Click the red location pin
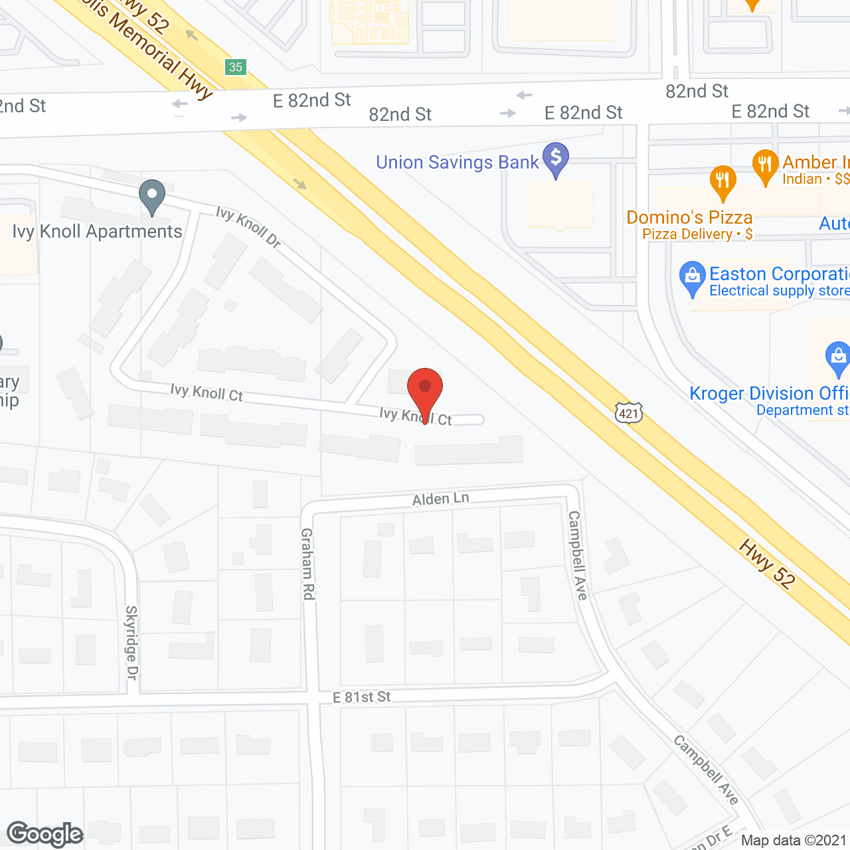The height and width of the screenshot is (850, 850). (x=425, y=388)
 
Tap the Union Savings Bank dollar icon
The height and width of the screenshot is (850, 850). (x=556, y=159)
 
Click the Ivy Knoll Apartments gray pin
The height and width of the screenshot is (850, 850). (x=152, y=196)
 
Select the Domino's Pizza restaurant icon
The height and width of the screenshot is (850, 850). (x=722, y=181)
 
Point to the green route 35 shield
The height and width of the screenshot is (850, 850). (x=236, y=67)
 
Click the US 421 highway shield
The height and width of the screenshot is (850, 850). (x=628, y=414)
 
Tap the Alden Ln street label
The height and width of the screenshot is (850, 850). (x=441, y=499)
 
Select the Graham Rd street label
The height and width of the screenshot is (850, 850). (x=307, y=564)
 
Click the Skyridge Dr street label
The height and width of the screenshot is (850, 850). (x=131, y=642)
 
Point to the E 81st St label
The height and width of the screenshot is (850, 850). (x=362, y=697)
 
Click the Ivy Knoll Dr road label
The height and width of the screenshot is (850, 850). (x=249, y=226)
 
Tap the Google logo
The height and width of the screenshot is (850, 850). (x=45, y=834)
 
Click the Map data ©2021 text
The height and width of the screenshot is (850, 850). (x=794, y=841)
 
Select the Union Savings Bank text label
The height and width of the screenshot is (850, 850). (x=458, y=163)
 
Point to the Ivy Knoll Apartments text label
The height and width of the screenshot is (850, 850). (x=98, y=232)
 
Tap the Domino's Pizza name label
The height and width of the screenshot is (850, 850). (x=689, y=217)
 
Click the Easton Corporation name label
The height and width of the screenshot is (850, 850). (x=779, y=274)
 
